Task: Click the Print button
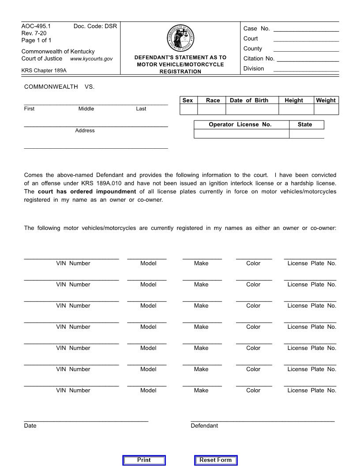point(144,460)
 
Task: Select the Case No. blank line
point(306,29)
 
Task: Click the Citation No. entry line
point(307,59)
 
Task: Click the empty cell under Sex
point(188,109)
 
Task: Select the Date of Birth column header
point(249,100)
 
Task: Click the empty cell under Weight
point(326,109)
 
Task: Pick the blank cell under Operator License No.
point(241,134)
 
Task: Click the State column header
point(305,124)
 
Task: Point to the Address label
point(85,131)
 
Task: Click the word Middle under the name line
point(86,109)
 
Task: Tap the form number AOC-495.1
point(36,26)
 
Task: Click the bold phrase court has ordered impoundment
point(87,192)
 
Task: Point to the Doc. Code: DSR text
point(95,26)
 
